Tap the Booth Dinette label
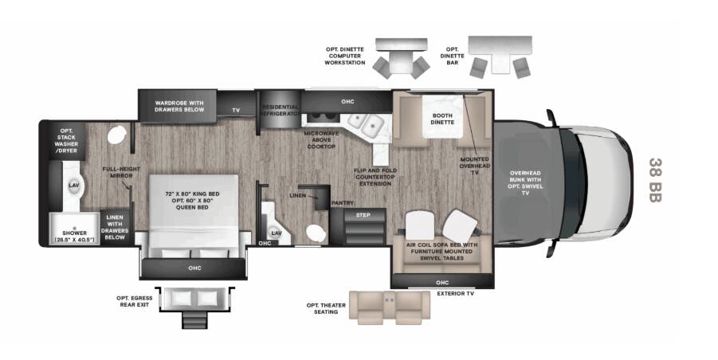(437, 119)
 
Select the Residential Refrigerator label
(281, 111)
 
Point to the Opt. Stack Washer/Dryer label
(66, 141)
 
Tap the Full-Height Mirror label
(120, 173)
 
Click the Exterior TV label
(457, 293)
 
